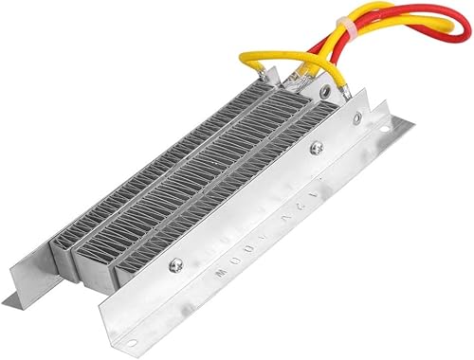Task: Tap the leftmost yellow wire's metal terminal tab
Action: (285, 85)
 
